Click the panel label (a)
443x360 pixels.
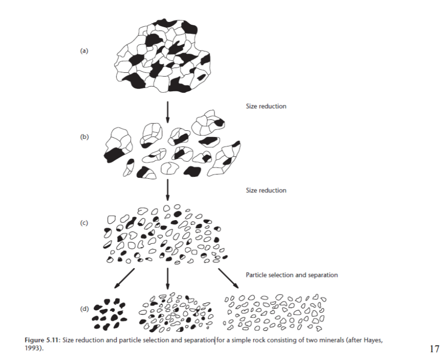click(x=85, y=51)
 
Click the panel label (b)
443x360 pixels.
click(x=85, y=137)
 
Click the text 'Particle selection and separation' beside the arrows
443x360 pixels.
click(x=291, y=275)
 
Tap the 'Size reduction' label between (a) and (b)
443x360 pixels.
click(x=266, y=106)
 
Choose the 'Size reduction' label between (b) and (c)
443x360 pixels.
click(x=266, y=190)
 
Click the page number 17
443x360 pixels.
click(x=434, y=349)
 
